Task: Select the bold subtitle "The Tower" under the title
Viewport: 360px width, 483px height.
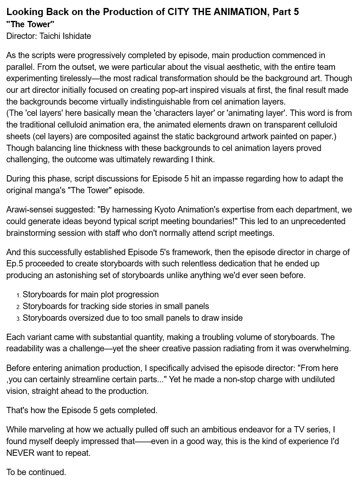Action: coord(30,24)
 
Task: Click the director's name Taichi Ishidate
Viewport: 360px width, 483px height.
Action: coord(65,36)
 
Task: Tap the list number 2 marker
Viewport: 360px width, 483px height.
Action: coord(18,307)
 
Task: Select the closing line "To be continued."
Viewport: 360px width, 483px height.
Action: coord(36,472)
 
